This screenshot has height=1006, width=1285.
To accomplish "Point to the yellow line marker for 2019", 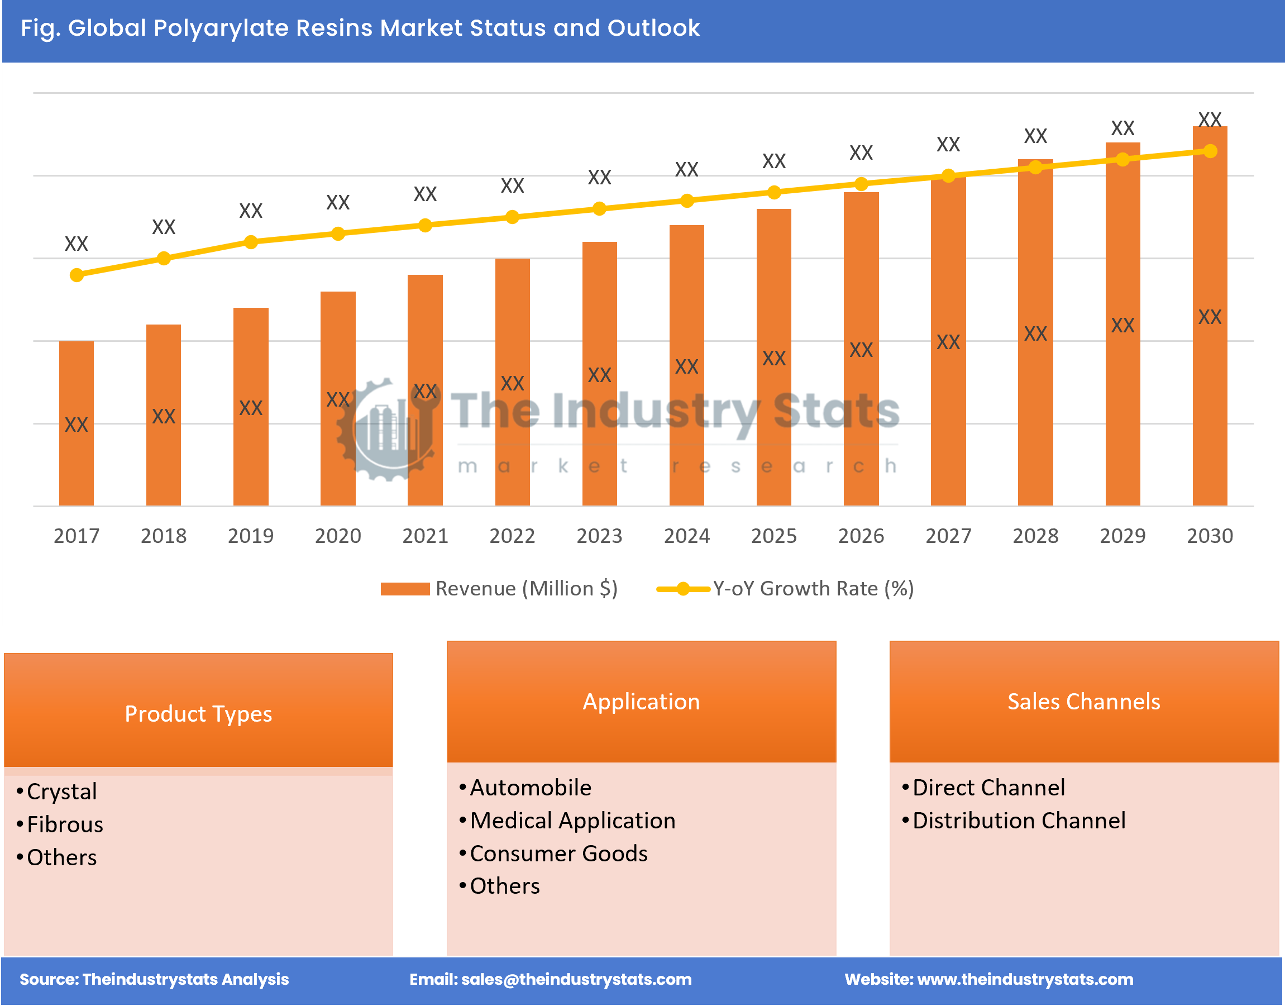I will coord(251,242).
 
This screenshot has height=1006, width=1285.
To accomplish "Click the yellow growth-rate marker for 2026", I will coord(861,184).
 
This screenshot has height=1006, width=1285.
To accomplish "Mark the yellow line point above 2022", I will coord(512,217).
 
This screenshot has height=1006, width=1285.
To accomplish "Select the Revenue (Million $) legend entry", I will coord(499,588).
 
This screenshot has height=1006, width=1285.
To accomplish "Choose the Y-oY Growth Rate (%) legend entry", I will coord(786,588).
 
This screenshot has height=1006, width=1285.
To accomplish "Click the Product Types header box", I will coord(198,713).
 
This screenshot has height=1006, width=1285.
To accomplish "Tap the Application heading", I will coord(641,702).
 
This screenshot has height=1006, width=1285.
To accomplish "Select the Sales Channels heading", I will coord(1083,702).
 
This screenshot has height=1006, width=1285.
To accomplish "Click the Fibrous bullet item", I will coord(65,824).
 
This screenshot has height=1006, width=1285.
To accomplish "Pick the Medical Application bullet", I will coord(572,821).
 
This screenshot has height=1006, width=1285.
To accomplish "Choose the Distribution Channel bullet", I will coord(1019,821).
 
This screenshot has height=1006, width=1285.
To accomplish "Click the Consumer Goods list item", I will coord(558,854).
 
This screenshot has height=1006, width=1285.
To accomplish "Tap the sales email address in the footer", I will coord(576,979).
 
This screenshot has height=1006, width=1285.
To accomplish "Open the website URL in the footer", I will coord(1025,979).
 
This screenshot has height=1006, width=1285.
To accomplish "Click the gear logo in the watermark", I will coord(386,430).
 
